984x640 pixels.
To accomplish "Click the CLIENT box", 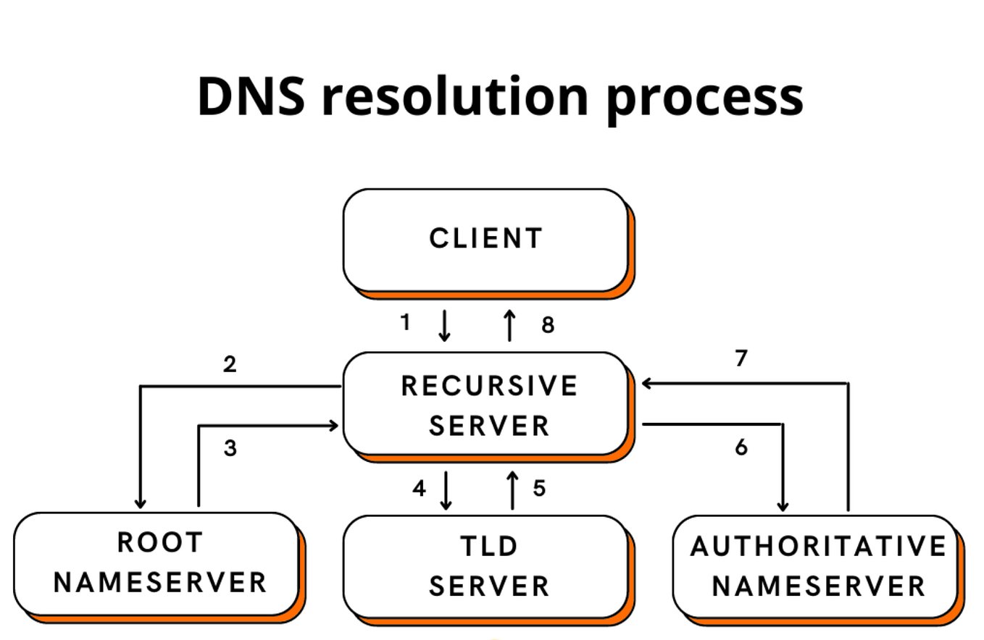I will (x=485, y=239).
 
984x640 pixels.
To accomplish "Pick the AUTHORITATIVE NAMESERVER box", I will (x=817, y=565).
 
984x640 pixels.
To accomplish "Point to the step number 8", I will (x=548, y=326).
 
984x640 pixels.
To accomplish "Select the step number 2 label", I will (x=230, y=364).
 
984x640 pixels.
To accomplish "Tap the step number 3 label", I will (x=230, y=449).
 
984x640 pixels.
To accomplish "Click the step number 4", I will (x=418, y=489).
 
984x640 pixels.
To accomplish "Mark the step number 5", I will (x=538, y=489).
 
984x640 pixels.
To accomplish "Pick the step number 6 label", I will (x=741, y=448).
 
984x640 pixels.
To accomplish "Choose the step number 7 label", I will (x=741, y=358).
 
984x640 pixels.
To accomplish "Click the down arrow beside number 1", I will (x=444, y=326).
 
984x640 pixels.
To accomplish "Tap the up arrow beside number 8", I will (x=509, y=325).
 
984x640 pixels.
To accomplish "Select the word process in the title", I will (x=704, y=98).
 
